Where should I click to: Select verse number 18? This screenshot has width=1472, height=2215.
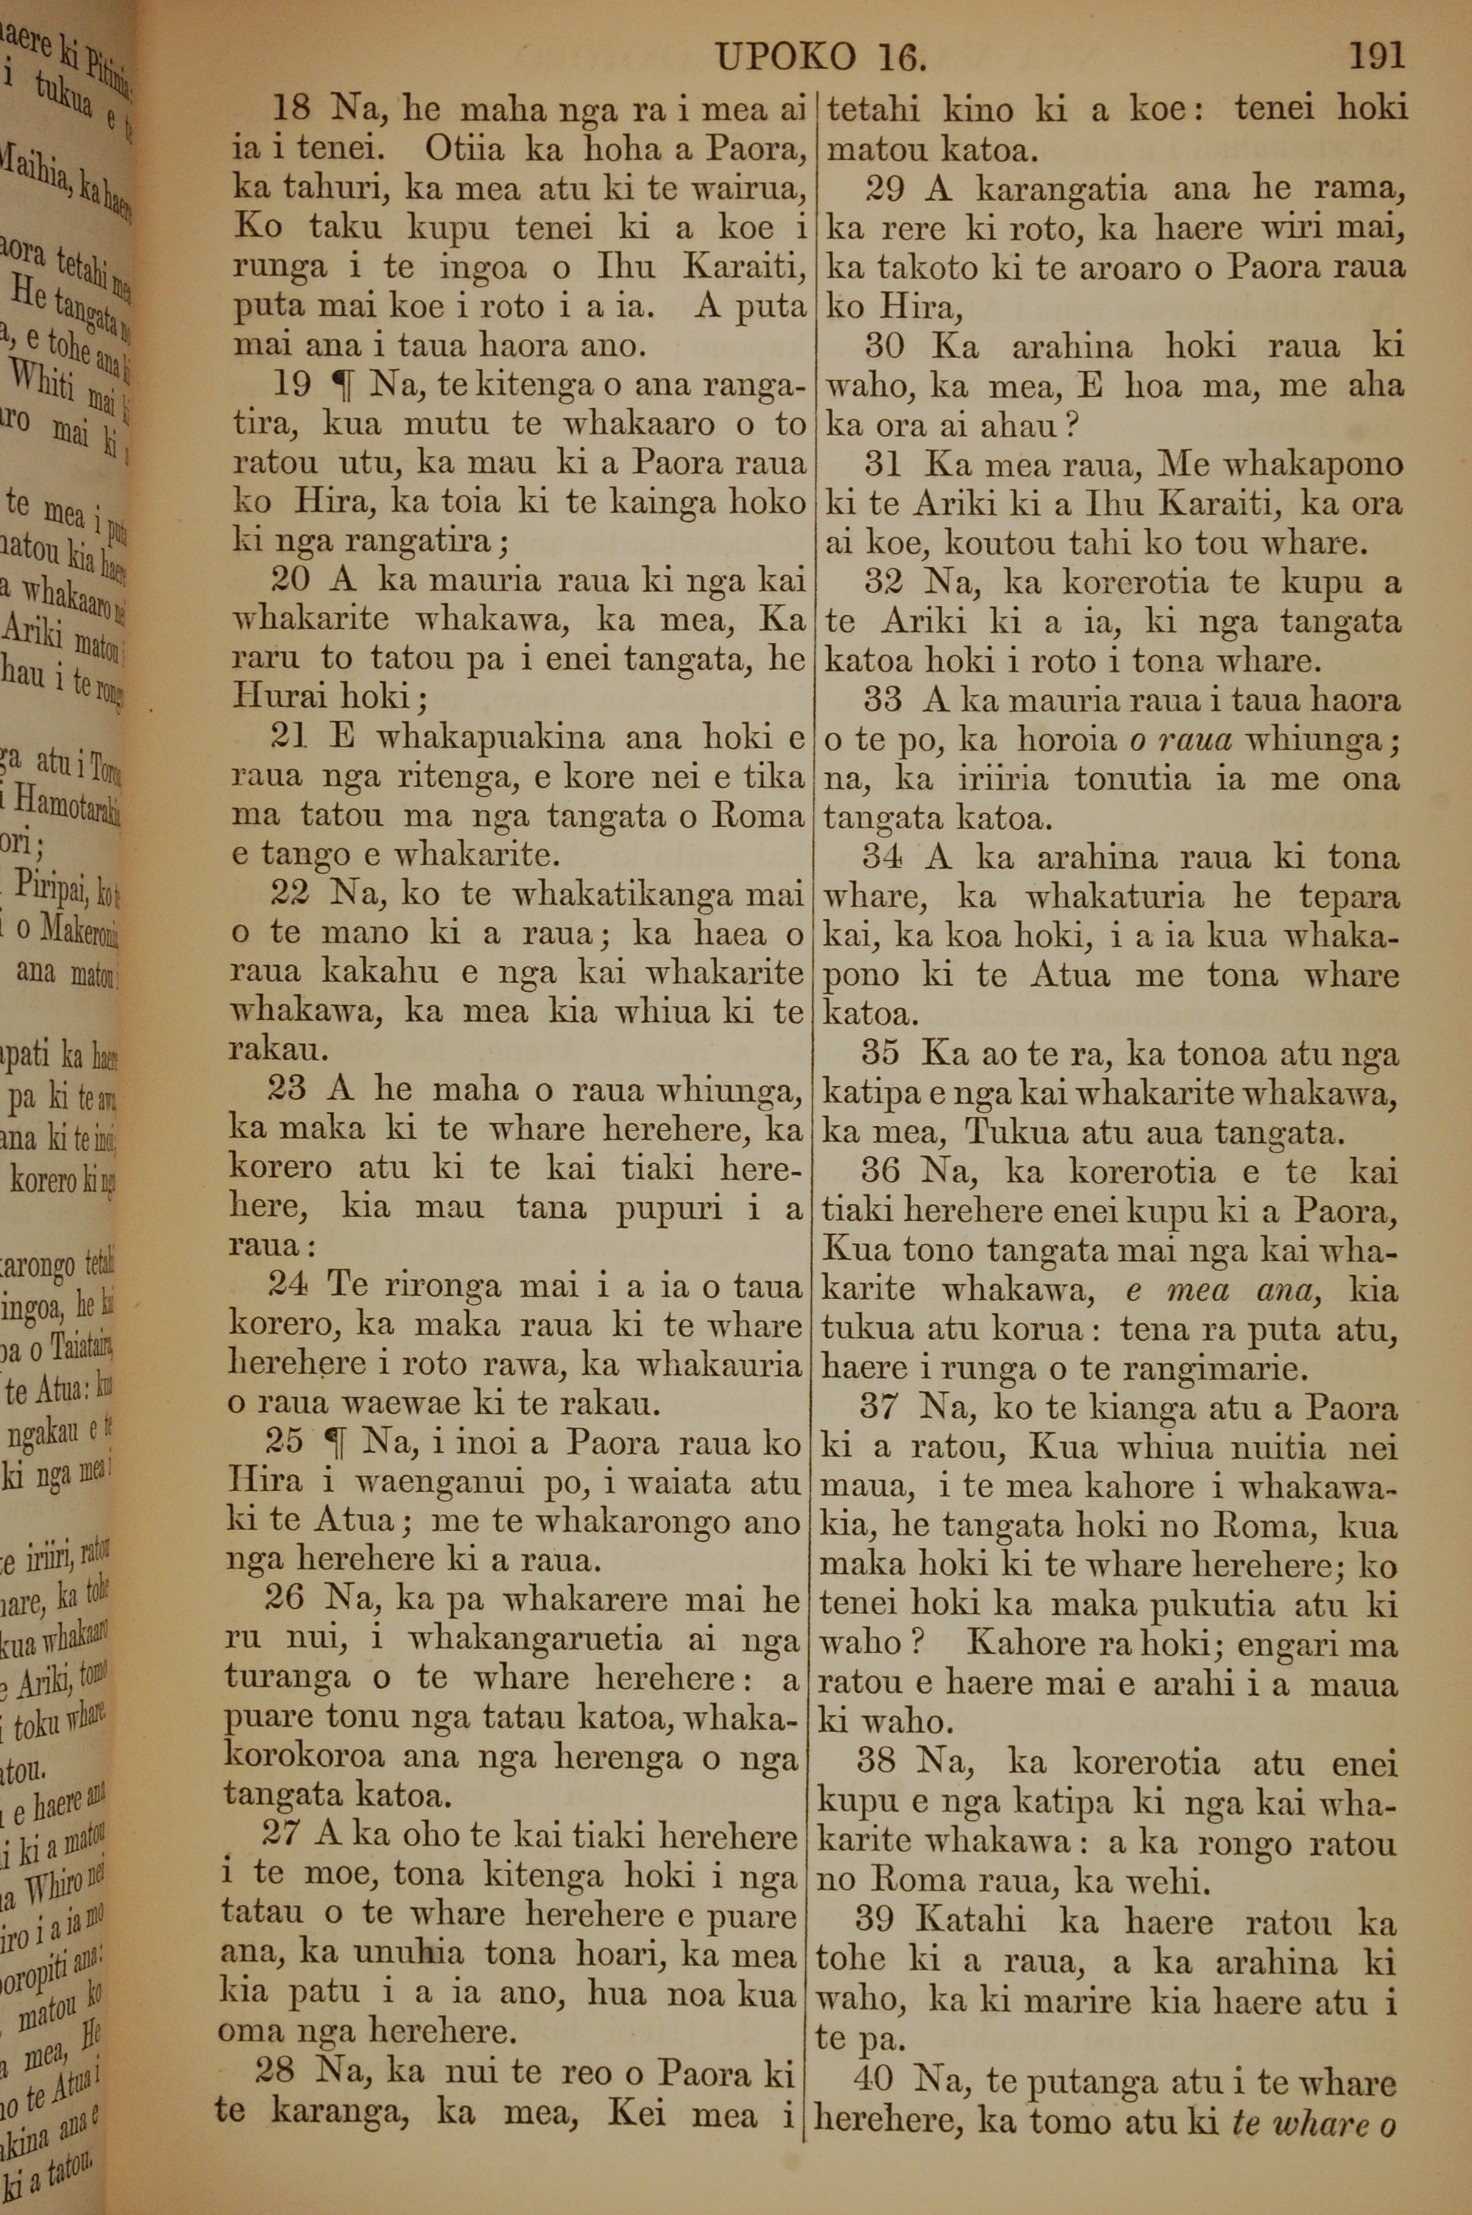pos(291,109)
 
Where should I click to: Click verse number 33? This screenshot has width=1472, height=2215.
pos(882,700)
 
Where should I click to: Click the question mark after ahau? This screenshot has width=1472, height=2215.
pos(1071,427)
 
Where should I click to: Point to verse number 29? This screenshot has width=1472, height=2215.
pos(885,190)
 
